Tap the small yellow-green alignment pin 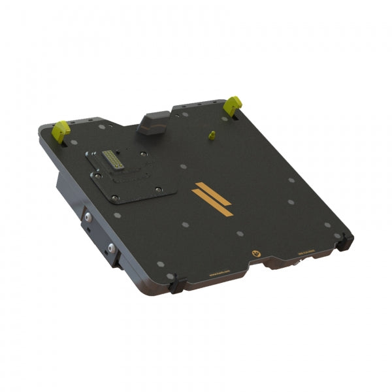point(211,135)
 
